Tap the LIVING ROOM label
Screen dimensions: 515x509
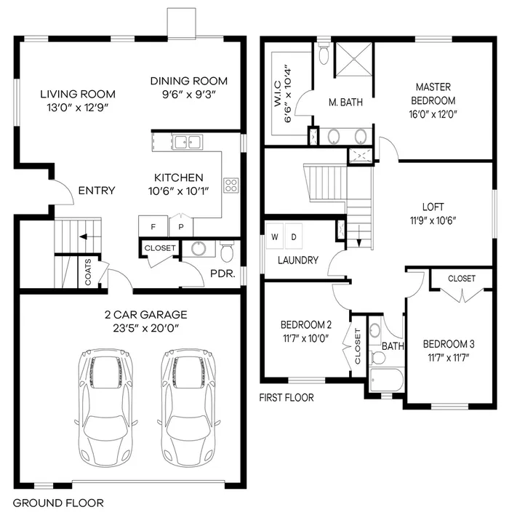point(77,94)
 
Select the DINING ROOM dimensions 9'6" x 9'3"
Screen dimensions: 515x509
point(188,94)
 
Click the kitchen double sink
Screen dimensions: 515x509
point(187,142)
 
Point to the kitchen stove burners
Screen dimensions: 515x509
point(231,185)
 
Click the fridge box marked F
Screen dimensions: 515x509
point(153,227)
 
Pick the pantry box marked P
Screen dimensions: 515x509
point(180,227)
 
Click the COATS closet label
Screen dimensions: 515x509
point(88,272)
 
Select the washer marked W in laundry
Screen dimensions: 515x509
point(275,236)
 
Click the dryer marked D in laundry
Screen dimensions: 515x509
point(294,236)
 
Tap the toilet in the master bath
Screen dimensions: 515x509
point(324,53)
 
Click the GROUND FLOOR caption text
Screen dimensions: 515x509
point(58,503)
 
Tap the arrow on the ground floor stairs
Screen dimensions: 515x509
point(84,236)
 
